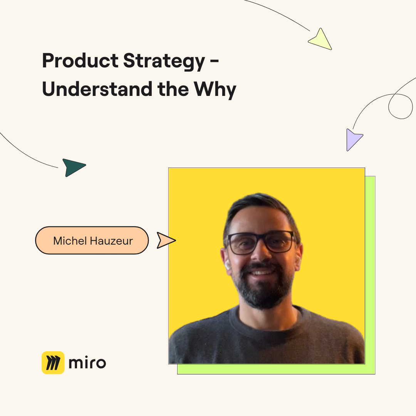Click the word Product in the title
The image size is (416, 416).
[80, 60]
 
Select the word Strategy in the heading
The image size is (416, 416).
[164, 62]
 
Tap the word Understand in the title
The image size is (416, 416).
[97, 89]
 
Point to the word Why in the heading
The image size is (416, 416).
[215, 90]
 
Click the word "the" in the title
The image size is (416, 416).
[173, 89]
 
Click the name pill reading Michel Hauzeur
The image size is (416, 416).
[92, 240]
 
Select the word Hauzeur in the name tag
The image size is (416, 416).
[111, 241]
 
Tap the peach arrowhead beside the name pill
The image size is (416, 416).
[166, 240]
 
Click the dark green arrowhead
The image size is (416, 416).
[73, 167]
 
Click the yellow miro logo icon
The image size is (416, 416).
[53, 363]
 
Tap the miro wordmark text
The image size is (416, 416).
[87, 363]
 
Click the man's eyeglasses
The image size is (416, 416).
[261, 242]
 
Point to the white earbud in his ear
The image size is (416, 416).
[228, 265]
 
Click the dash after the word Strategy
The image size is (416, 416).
[215, 62]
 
